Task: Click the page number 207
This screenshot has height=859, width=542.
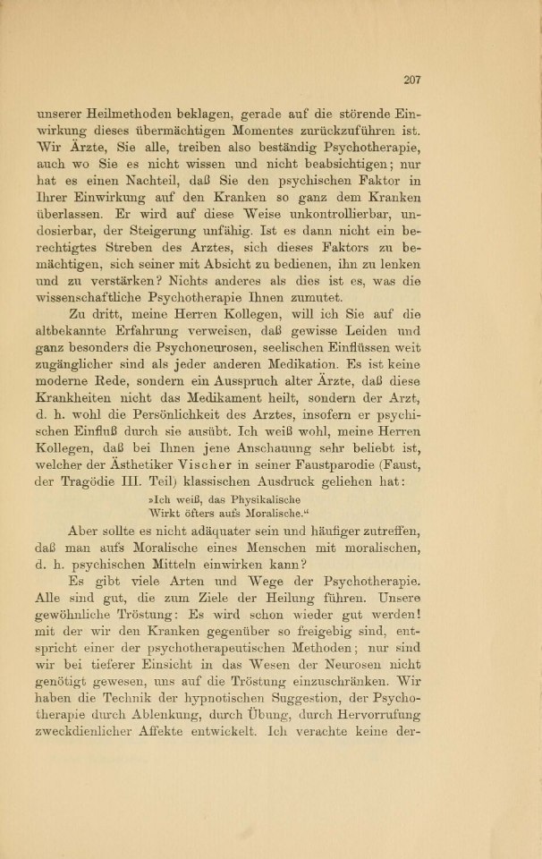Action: click(x=411, y=80)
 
